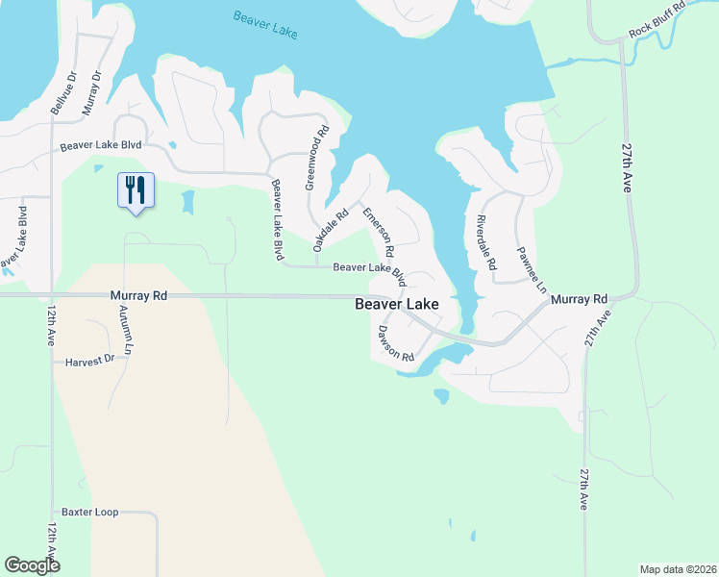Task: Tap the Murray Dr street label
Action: point(92,93)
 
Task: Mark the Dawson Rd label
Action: point(395,342)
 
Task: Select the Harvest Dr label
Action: point(89,361)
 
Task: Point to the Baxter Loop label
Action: point(89,512)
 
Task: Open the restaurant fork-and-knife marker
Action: point(135,189)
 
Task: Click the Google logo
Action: point(33,565)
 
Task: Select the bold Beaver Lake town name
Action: point(397,304)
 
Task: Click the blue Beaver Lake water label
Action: point(265,24)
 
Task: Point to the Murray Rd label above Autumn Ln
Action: point(138,296)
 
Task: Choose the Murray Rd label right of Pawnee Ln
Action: point(580,300)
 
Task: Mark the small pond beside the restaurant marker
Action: point(186,202)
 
